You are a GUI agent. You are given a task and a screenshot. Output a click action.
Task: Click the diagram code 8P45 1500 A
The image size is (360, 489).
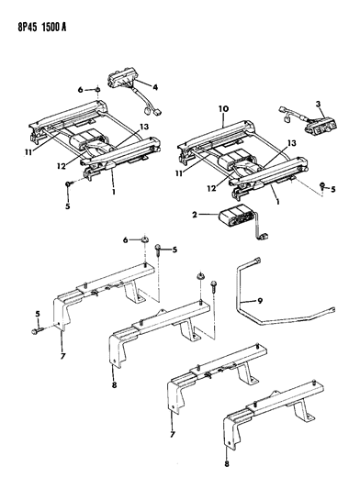[x=42, y=28]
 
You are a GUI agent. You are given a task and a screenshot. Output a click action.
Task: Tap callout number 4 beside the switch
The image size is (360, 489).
[x=155, y=87]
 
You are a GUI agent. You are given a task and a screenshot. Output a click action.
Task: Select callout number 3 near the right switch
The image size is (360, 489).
[x=318, y=104]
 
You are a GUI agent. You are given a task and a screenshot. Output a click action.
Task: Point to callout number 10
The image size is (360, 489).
[x=223, y=109]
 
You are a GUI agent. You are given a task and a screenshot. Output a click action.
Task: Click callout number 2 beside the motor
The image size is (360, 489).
[x=195, y=215]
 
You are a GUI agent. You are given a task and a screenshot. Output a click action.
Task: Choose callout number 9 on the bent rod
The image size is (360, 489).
[x=260, y=301]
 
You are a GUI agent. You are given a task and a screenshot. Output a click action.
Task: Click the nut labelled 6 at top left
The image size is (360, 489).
[x=97, y=90]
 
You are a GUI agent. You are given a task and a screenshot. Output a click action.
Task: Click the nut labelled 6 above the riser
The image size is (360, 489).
[x=144, y=239]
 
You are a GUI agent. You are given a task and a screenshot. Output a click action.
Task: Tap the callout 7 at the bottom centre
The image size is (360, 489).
[x=172, y=434]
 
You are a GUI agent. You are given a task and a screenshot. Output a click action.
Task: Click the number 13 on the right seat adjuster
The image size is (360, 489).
[x=291, y=143]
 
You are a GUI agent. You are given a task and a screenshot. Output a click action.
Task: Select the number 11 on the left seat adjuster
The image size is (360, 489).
[x=28, y=153]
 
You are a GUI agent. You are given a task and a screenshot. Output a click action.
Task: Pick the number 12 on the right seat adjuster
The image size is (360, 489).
[x=211, y=188]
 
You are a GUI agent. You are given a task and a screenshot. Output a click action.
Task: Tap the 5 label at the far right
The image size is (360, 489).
[x=333, y=189]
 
